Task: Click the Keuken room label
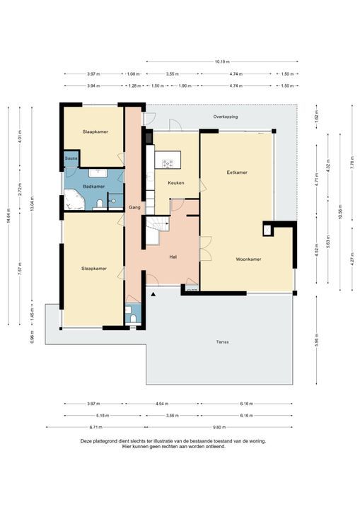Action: [175, 183]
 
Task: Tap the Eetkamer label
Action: [236, 172]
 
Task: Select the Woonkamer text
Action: [248, 259]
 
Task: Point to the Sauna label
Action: [71, 158]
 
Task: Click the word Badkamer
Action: [93, 187]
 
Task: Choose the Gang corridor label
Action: [134, 207]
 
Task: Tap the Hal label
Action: [172, 257]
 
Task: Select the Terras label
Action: [223, 342]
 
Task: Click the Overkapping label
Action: [226, 116]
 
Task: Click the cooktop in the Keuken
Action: [168, 164]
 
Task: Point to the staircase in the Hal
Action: [158, 227]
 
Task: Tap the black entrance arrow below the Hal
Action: [153, 293]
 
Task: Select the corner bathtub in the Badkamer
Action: [74, 202]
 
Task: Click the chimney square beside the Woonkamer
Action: [267, 229]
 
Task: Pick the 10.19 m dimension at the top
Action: [221, 62]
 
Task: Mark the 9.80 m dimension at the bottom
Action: [219, 427]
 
